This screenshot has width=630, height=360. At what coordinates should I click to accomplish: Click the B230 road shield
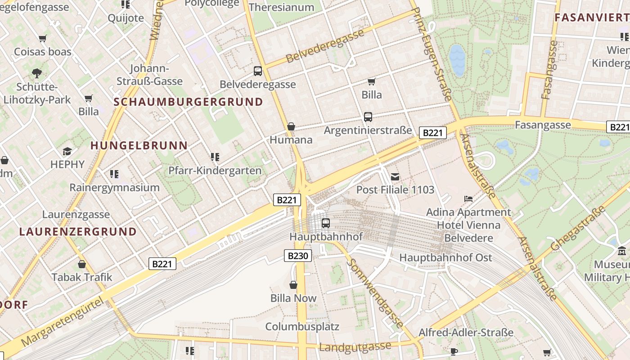(x=298, y=256)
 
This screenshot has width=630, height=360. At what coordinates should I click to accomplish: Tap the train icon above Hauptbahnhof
(x=326, y=223)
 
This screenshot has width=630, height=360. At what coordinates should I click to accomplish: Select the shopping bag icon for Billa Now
(x=293, y=285)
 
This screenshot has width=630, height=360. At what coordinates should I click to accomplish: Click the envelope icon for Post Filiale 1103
(x=395, y=177)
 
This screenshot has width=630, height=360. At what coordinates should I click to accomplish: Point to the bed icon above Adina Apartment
(x=468, y=198)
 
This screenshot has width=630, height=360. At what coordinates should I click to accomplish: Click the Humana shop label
(x=291, y=139)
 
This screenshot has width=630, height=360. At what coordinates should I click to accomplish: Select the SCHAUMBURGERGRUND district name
(x=188, y=102)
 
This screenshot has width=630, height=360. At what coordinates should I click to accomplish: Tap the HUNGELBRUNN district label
(x=139, y=145)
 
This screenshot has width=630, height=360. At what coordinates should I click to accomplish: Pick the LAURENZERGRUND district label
(x=78, y=232)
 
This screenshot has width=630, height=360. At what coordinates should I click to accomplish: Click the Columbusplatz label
(x=302, y=326)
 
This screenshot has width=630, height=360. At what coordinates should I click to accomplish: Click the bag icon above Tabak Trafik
(x=82, y=264)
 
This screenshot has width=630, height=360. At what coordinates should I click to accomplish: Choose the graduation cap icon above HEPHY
(x=67, y=151)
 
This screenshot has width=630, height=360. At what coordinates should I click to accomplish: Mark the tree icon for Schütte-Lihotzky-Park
(x=37, y=73)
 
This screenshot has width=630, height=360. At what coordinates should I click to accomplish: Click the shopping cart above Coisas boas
(x=43, y=39)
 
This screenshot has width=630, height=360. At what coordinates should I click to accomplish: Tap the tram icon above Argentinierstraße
(x=368, y=117)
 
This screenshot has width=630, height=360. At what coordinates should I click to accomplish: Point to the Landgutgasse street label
(x=355, y=346)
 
